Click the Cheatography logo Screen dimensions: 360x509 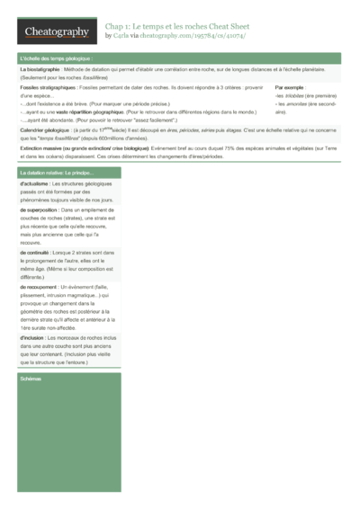click(x=56, y=31)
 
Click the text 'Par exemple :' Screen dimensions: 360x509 click(x=291, y=87)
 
